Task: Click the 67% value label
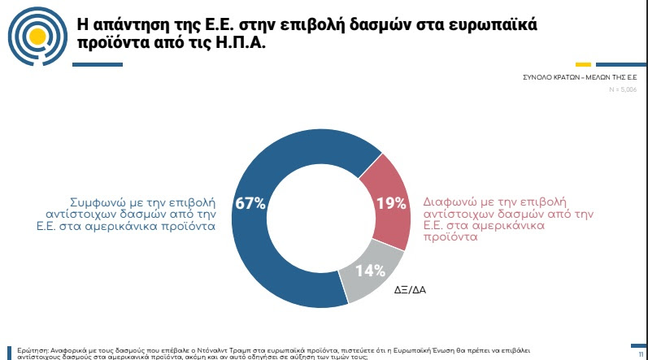click(250, 203)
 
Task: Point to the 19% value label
click(391, 203)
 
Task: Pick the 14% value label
click(369, 271)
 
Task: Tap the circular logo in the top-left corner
click(35, 34)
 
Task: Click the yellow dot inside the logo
click(35, 36)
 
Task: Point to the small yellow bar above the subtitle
click(583, 65)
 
